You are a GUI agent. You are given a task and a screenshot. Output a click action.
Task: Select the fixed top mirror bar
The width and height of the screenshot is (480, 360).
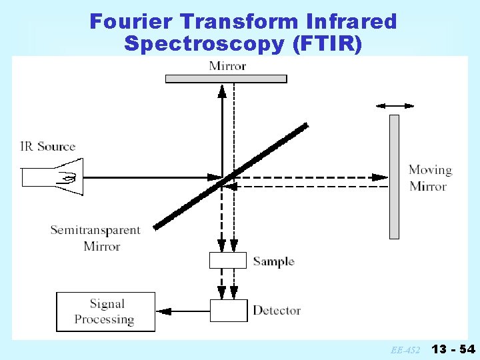click(x=226, y=79)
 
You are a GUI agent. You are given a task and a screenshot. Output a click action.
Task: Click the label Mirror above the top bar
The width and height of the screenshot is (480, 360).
click(x=227, y=65)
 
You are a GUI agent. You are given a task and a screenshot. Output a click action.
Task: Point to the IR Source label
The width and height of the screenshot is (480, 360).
click(x=48, y=147)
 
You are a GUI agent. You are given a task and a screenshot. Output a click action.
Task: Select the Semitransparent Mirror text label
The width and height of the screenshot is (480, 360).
click(x=95, y=238)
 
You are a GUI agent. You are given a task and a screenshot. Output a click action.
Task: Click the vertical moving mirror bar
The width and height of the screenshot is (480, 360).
click(x=394, y=177)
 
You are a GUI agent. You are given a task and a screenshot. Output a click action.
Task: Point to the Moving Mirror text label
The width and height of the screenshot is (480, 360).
click(x=429, y=178)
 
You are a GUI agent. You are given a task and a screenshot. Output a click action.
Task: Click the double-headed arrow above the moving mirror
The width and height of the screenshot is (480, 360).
click(x=395, y=105)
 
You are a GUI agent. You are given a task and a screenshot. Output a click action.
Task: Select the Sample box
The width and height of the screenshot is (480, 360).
click(x=228, y=260)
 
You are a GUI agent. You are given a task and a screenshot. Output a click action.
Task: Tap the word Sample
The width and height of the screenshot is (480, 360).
click(x=273, y=261)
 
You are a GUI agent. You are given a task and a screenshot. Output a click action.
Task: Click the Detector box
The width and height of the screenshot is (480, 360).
click(x=228, y=311)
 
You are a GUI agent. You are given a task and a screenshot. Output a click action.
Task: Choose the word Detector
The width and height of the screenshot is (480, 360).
click(x=276, y=311)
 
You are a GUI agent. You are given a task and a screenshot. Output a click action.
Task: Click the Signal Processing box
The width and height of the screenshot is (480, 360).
click(x=105, y=311)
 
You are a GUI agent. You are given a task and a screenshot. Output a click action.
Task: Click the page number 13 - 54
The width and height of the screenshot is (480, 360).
click(x=453, y=349)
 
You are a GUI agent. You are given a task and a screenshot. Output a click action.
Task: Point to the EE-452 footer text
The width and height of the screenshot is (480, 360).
click(x=405, y=349)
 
